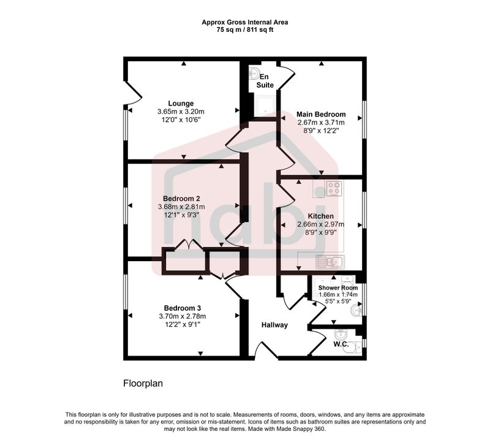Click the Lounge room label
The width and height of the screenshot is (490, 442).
point(181,103)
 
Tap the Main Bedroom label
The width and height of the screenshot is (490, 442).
point(321,114)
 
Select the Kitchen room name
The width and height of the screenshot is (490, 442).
point(320,216)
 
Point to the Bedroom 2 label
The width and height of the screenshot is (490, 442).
point(181,199)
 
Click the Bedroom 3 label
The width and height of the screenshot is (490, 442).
point(182,308)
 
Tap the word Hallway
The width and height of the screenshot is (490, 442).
point(274,326)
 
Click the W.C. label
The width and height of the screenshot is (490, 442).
point(341,345)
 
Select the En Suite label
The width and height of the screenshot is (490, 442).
point(265,81)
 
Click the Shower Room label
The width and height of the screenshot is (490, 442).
point(338,288)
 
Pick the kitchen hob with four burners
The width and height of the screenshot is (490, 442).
point(334,189)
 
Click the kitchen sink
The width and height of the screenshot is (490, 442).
point(330,262)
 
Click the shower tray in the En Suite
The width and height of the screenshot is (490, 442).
point(266,105)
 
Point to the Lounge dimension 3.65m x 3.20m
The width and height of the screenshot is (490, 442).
point(181,112)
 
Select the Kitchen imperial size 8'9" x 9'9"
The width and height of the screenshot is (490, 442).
point(320,232)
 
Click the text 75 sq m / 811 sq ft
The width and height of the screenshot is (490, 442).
point(245,30)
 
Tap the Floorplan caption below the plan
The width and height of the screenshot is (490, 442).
point(143,384)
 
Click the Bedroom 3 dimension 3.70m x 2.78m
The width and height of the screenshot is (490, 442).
point(182,316)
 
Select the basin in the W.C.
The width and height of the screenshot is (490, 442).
point(340,335)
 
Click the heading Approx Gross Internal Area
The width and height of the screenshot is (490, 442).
point(245,22)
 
